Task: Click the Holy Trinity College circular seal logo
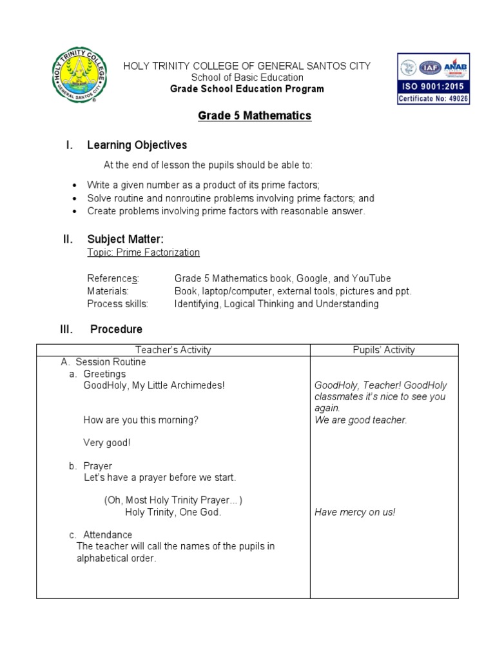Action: (x=79, y=76)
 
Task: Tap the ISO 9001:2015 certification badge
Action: (x=433, y=79)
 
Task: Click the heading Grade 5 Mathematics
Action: (x=245, y=116)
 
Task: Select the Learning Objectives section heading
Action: (x=137, y=145)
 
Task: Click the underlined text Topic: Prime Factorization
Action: (x=143, y=252)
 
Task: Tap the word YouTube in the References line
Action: (x=368, y=278)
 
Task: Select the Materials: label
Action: (x=108, y=291)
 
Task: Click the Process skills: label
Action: (x=117, y=304)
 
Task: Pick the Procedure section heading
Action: (x=116, y=329)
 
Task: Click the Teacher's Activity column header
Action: (x=173, y=350)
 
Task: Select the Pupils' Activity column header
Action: (x=384, y=350)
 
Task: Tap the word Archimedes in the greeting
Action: (x=196, y=385)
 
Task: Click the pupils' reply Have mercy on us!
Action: (x=354, y=513)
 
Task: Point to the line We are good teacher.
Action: (x=360, y=420)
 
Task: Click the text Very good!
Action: (x=106, y=443)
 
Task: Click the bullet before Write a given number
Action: (x=76, y=185)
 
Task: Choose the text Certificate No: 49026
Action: (x=433, y=99)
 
